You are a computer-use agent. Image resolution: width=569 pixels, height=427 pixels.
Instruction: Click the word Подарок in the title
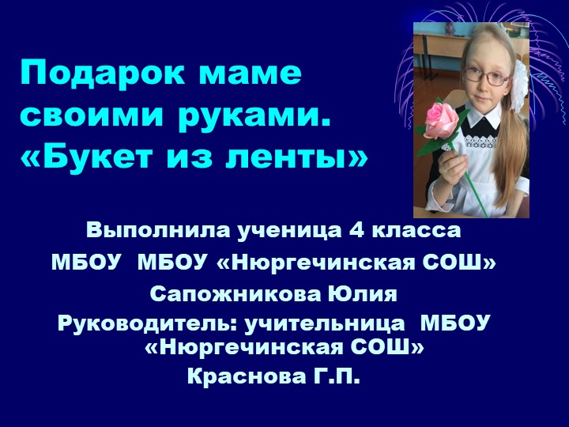(x=95, y=74)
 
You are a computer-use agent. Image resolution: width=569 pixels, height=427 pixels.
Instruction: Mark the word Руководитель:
(x=150, y=323)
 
